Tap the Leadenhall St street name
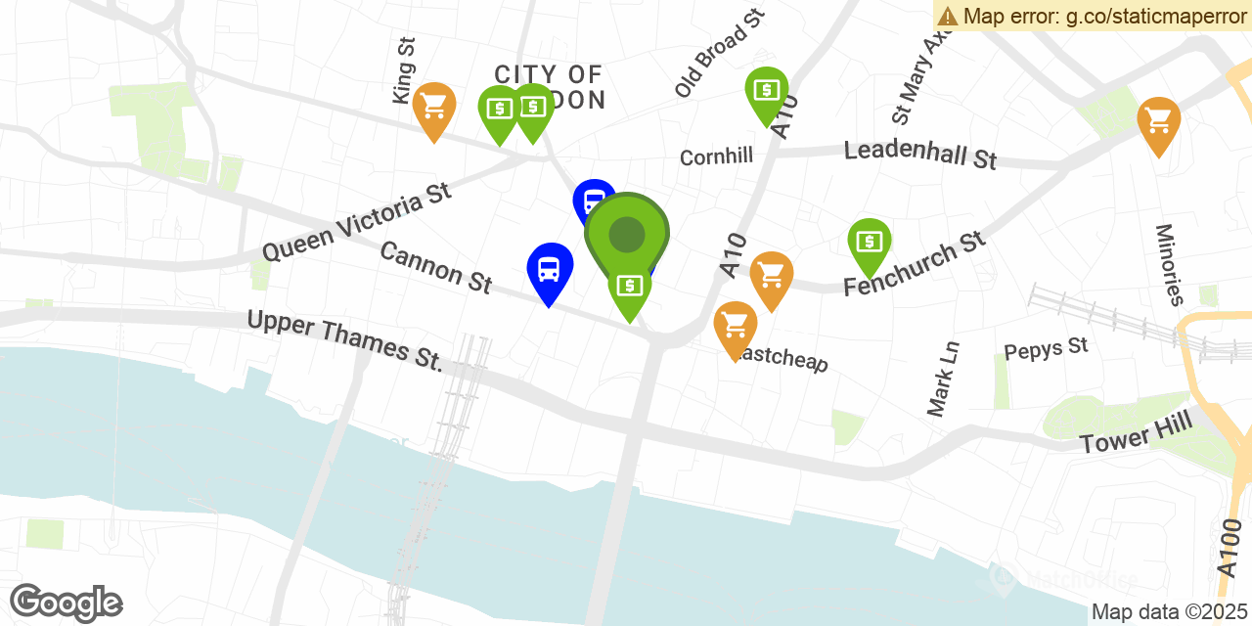pyautogui.click(x=920, y=154)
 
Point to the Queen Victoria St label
pyautogui.click(x=357, y=221)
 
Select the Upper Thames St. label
pyautogui.click(x=345, y=340)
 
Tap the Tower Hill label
pyautogui.click(x=1137, y=432)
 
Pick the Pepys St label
pyautogui.click(x=1046, y=348)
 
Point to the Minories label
pyautogui.click(x=1170, y=264)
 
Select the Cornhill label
pyautogui.click(x=716, y=156)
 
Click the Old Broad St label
pyautogui.click(x=719, y=53)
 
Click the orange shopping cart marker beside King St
pyautogui.click(x=433, y=108)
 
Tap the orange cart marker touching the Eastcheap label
pyautogui.click(x=735, y=326)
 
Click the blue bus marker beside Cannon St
pyautogui.click(x=550, y=269)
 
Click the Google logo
pyautogui.click(x=67, y=603)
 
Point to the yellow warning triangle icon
pyautogui.click(x=947, y=16)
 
